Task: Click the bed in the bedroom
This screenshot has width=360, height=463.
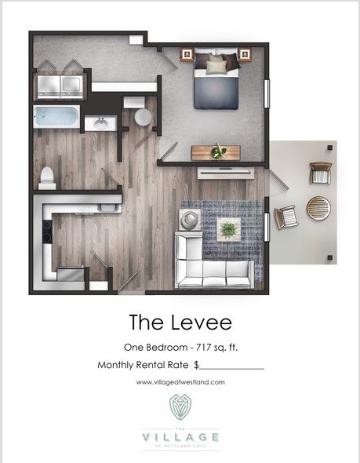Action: point(216,80)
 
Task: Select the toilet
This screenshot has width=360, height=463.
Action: point(47,178)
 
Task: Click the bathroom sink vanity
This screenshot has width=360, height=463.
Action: point(100,123)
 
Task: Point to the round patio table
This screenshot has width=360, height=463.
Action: point(318,207)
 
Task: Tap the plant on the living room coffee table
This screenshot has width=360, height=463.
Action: point(228,228)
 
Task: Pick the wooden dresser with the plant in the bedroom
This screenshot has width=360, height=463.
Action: point(216,152)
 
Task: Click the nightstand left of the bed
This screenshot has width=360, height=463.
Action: point(187,55)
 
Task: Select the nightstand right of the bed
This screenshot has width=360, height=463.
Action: point(245,55)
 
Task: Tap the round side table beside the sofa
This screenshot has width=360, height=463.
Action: point(190,219)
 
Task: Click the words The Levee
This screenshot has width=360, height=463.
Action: point(180,322)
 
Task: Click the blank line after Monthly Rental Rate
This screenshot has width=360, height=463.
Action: point(233,366)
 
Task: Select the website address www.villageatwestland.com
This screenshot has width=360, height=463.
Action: point(180,382)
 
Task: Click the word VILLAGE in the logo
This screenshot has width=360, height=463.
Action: point(180,436)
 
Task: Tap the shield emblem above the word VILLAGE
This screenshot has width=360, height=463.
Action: point(180,407)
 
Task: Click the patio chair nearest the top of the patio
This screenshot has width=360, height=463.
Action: point(320,173)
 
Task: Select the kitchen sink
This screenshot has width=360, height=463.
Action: point(109,208)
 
